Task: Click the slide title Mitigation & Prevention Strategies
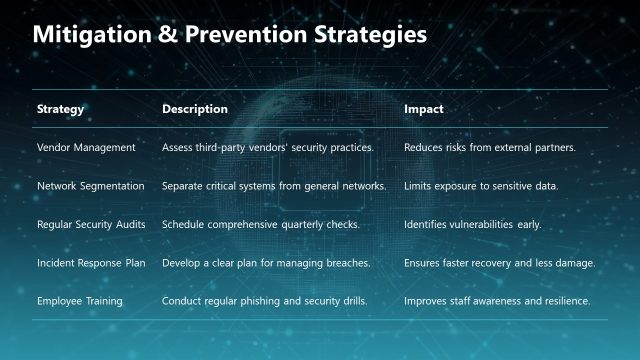point(230,35)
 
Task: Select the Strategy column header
point(60,108)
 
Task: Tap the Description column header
point(195,108)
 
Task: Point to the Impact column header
point(424,108)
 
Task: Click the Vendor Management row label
point(86,148)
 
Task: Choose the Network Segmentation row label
point(91,186)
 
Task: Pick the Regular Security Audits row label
point(91,224)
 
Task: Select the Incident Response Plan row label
point(90,262)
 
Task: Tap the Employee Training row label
point(79,300)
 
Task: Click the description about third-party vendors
point(268,148)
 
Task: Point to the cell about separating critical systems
point(274,186)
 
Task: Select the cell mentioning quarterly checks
point(261,224)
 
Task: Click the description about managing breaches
point(266,262)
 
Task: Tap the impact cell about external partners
point(490,148)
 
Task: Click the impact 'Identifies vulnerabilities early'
point(472,224)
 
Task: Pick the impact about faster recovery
point(500,262)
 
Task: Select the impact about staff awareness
point(497,300)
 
